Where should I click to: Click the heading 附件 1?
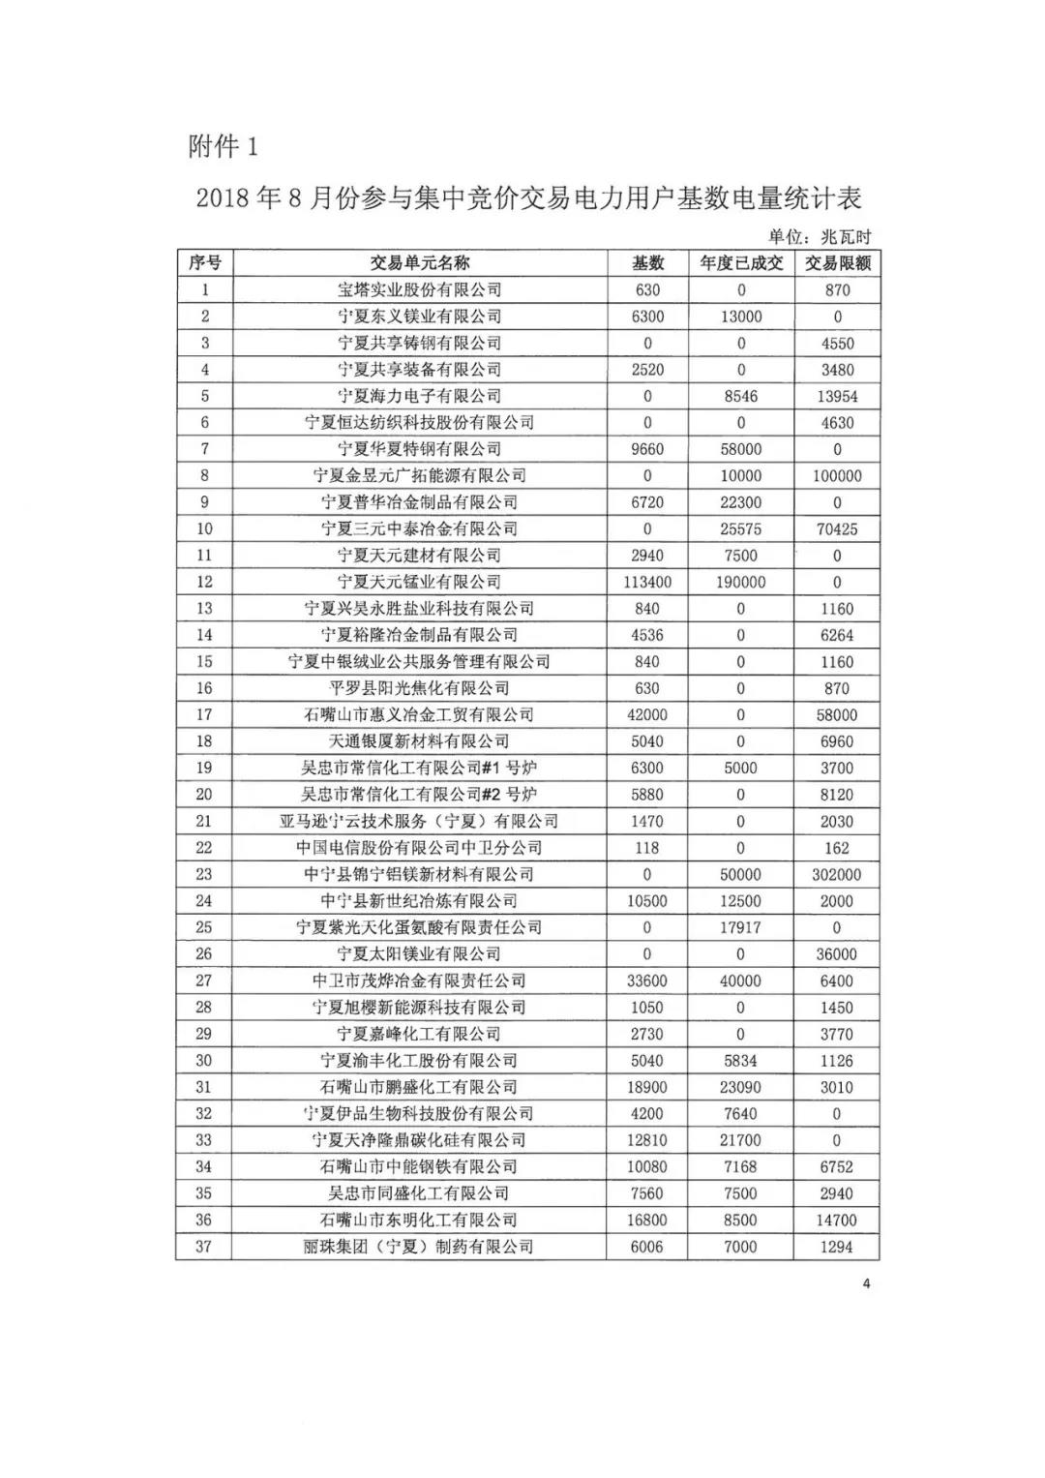[x=224, y=147]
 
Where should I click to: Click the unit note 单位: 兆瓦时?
[x=820, y=236]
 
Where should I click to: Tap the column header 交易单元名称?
[x=420, y=263]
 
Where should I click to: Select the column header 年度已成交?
[x=741, y=263]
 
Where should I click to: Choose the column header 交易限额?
[x=837, y=263]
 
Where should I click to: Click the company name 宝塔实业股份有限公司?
[x=420, y=290]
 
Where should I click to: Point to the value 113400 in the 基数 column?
[x=647, y=583]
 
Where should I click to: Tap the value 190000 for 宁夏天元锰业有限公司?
[x=741, y=583]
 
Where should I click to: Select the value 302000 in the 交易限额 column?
[x=837, y=875]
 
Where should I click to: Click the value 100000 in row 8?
[x=837, y=476]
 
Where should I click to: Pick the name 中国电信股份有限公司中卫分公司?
[x=420, y=848]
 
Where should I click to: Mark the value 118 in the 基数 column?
[x=647, y=848]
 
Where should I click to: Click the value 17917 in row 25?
[x=741, y=927]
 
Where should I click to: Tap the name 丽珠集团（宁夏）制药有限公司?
[x=420, y=1247]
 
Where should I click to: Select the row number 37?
[x=204, y=1247]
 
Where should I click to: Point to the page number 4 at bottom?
[x=866, y=1284]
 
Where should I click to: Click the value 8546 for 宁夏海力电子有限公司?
[x=741, y=397]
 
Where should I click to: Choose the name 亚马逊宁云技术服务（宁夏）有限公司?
[x=420, y=822]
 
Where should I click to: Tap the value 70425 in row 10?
[x=837, y=529]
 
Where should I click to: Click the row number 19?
[x=204, y=769]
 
